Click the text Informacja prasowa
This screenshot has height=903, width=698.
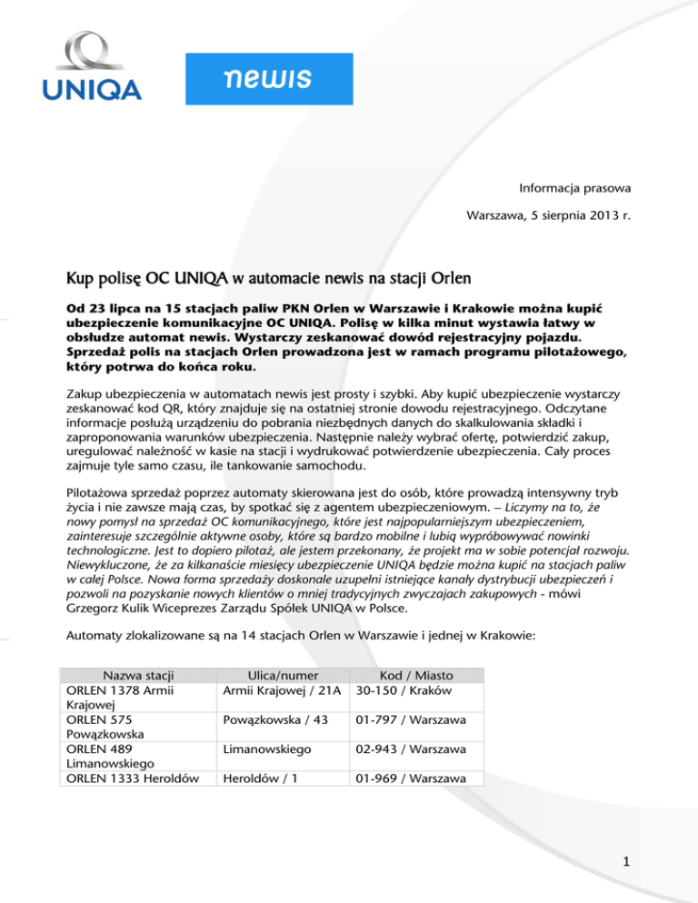click(x=570, y=190)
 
